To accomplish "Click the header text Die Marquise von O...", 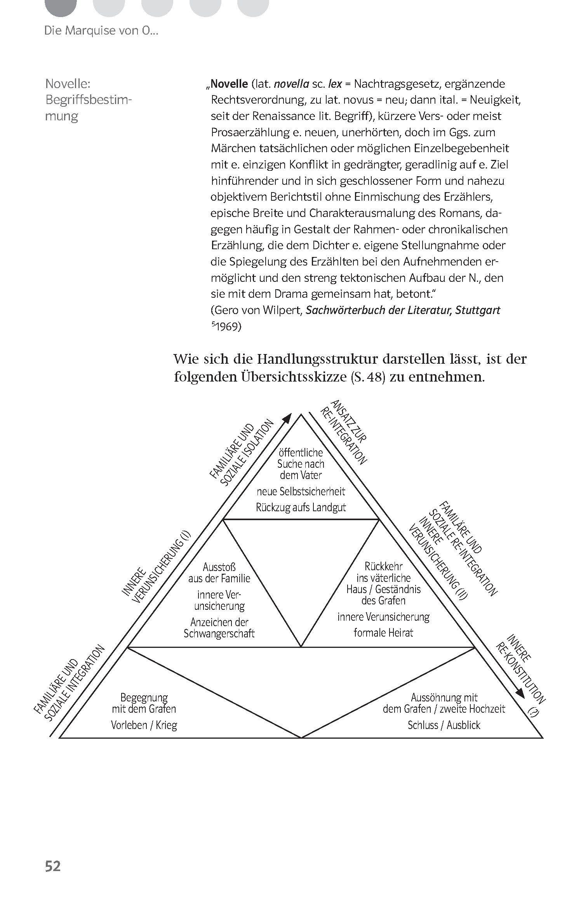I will [101, 31].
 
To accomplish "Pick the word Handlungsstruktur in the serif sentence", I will [318, 359].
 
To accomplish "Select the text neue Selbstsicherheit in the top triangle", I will [301, 491].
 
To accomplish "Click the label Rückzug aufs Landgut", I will [301, 507].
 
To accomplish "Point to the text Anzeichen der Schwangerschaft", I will [219, 628].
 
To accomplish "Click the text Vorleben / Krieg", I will [144, 725].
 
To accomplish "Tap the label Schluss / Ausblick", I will [444, 725].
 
